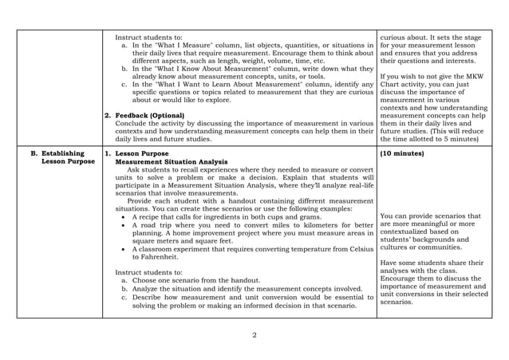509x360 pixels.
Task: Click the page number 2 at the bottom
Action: (254, 334)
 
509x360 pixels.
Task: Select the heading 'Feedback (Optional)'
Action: (150, 116)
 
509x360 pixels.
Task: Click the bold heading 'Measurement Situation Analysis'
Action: (171, 160)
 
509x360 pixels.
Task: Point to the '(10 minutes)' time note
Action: (403, 152)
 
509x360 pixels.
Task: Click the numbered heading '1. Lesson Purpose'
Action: (141, 152)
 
